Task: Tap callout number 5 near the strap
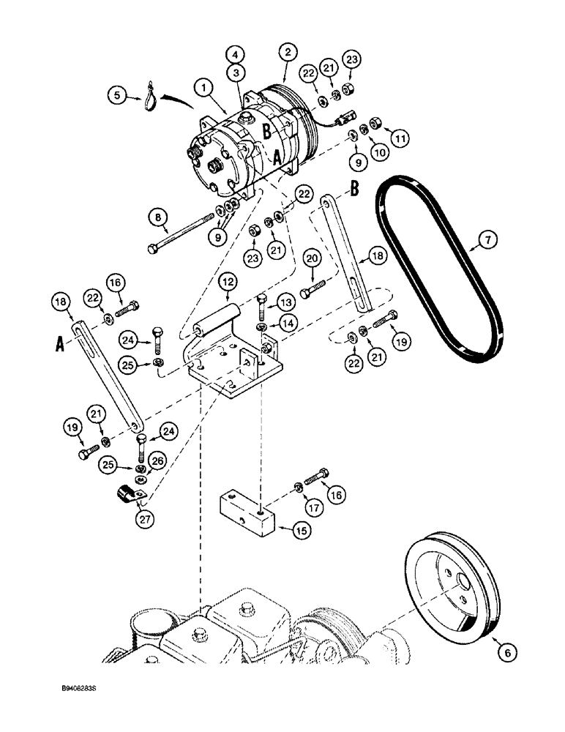(x=114, y=94)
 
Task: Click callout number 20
(x=312, y=258)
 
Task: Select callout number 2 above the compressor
(x=288, y=52)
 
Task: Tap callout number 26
(x=156, y=460)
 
